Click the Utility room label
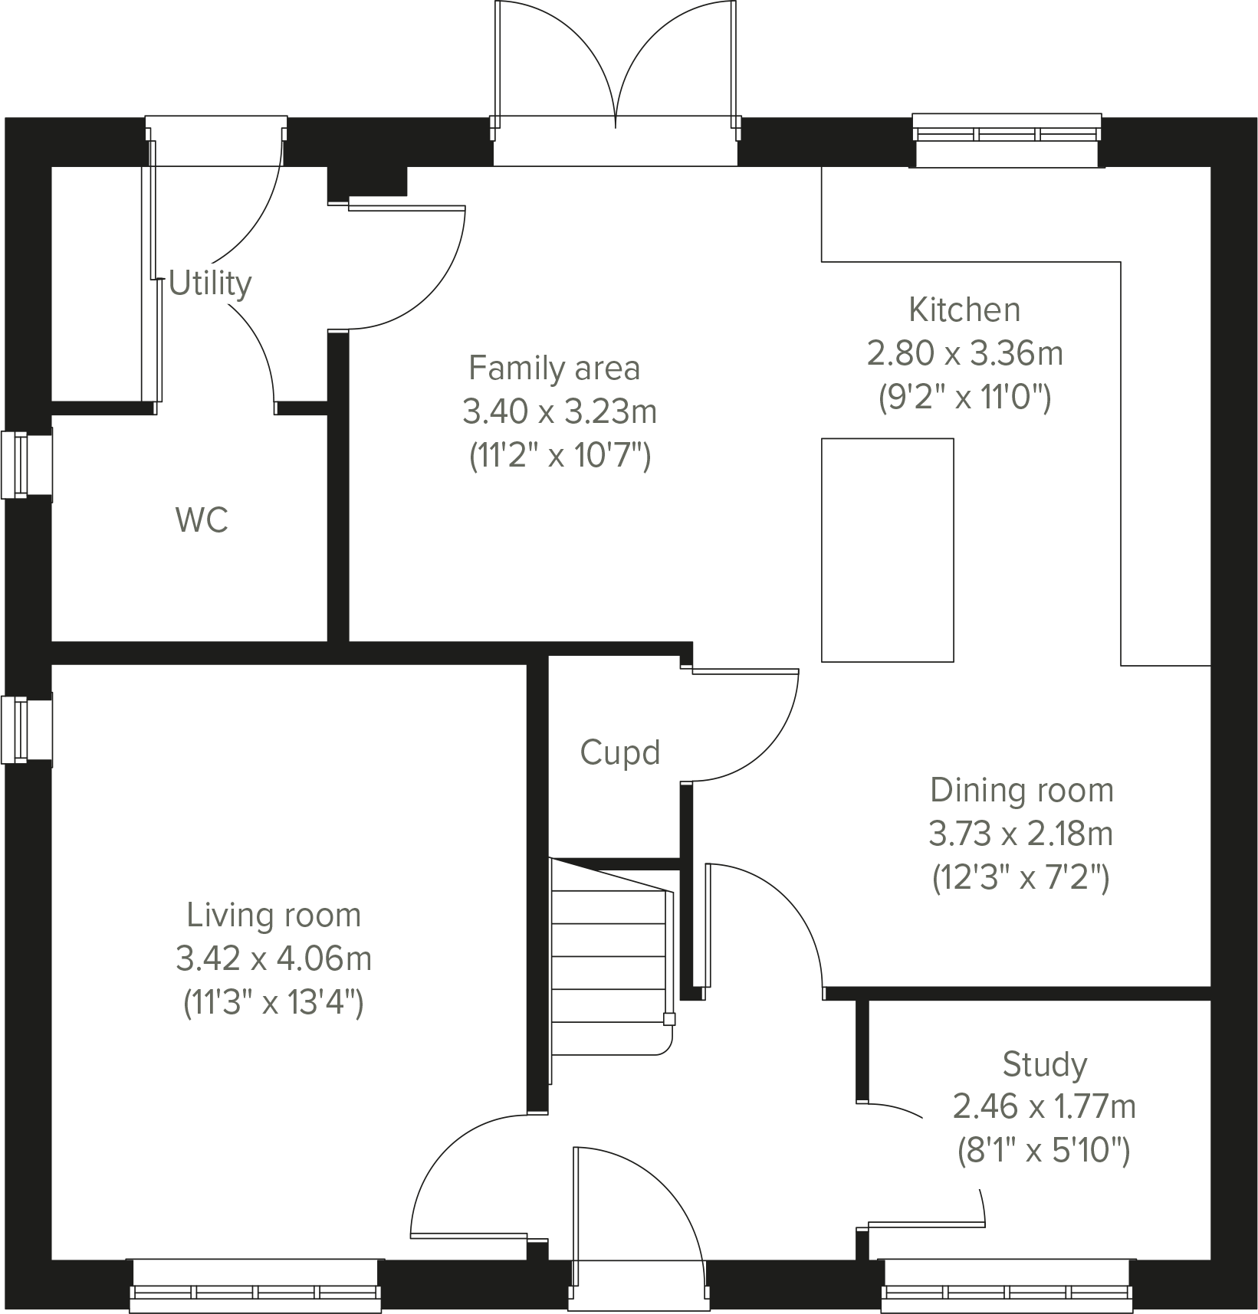pos(209,283)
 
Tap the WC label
pos(202,521)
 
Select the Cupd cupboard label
pos(619,753)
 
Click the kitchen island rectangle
pos(887,549)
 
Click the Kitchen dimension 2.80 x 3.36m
pos(964,354)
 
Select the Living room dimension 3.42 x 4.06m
pos(274,958)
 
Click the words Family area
pos(553,369)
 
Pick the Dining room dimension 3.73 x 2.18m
pos(1020,834)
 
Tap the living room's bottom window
pos(255,1291)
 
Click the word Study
pos(1044,1064)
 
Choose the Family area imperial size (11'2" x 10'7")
pos(559,457)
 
